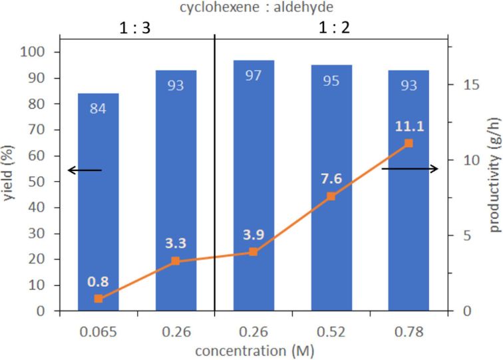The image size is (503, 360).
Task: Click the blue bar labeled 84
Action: tap(98, 200)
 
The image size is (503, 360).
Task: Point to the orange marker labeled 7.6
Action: tap(331, 196)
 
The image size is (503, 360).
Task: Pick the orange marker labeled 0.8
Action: tap(98, 299)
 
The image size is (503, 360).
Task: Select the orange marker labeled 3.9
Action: tap(253, 252)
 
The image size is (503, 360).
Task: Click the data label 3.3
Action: tap(176, 244)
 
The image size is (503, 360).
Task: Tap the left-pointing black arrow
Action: tap(84, 170)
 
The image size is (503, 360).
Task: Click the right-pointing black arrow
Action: tap(409, 169)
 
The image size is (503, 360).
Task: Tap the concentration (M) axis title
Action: tap(253, 349)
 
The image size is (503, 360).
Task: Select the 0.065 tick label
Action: tap(98, 331)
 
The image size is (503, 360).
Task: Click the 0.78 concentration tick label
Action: tap(408, 331)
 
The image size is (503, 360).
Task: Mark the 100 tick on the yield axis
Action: tap(36, 52)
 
